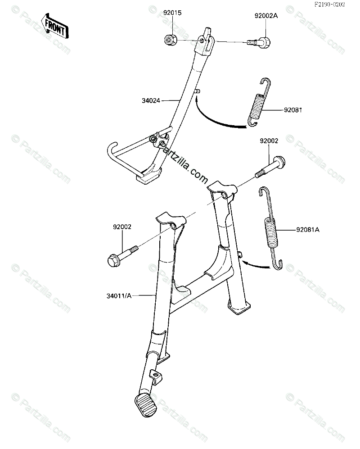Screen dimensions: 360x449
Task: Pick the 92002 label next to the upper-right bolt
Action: pyautogui.click(x=269, y=141)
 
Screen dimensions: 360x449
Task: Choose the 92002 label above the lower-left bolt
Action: pyautogui.click(x=122, y=227)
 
